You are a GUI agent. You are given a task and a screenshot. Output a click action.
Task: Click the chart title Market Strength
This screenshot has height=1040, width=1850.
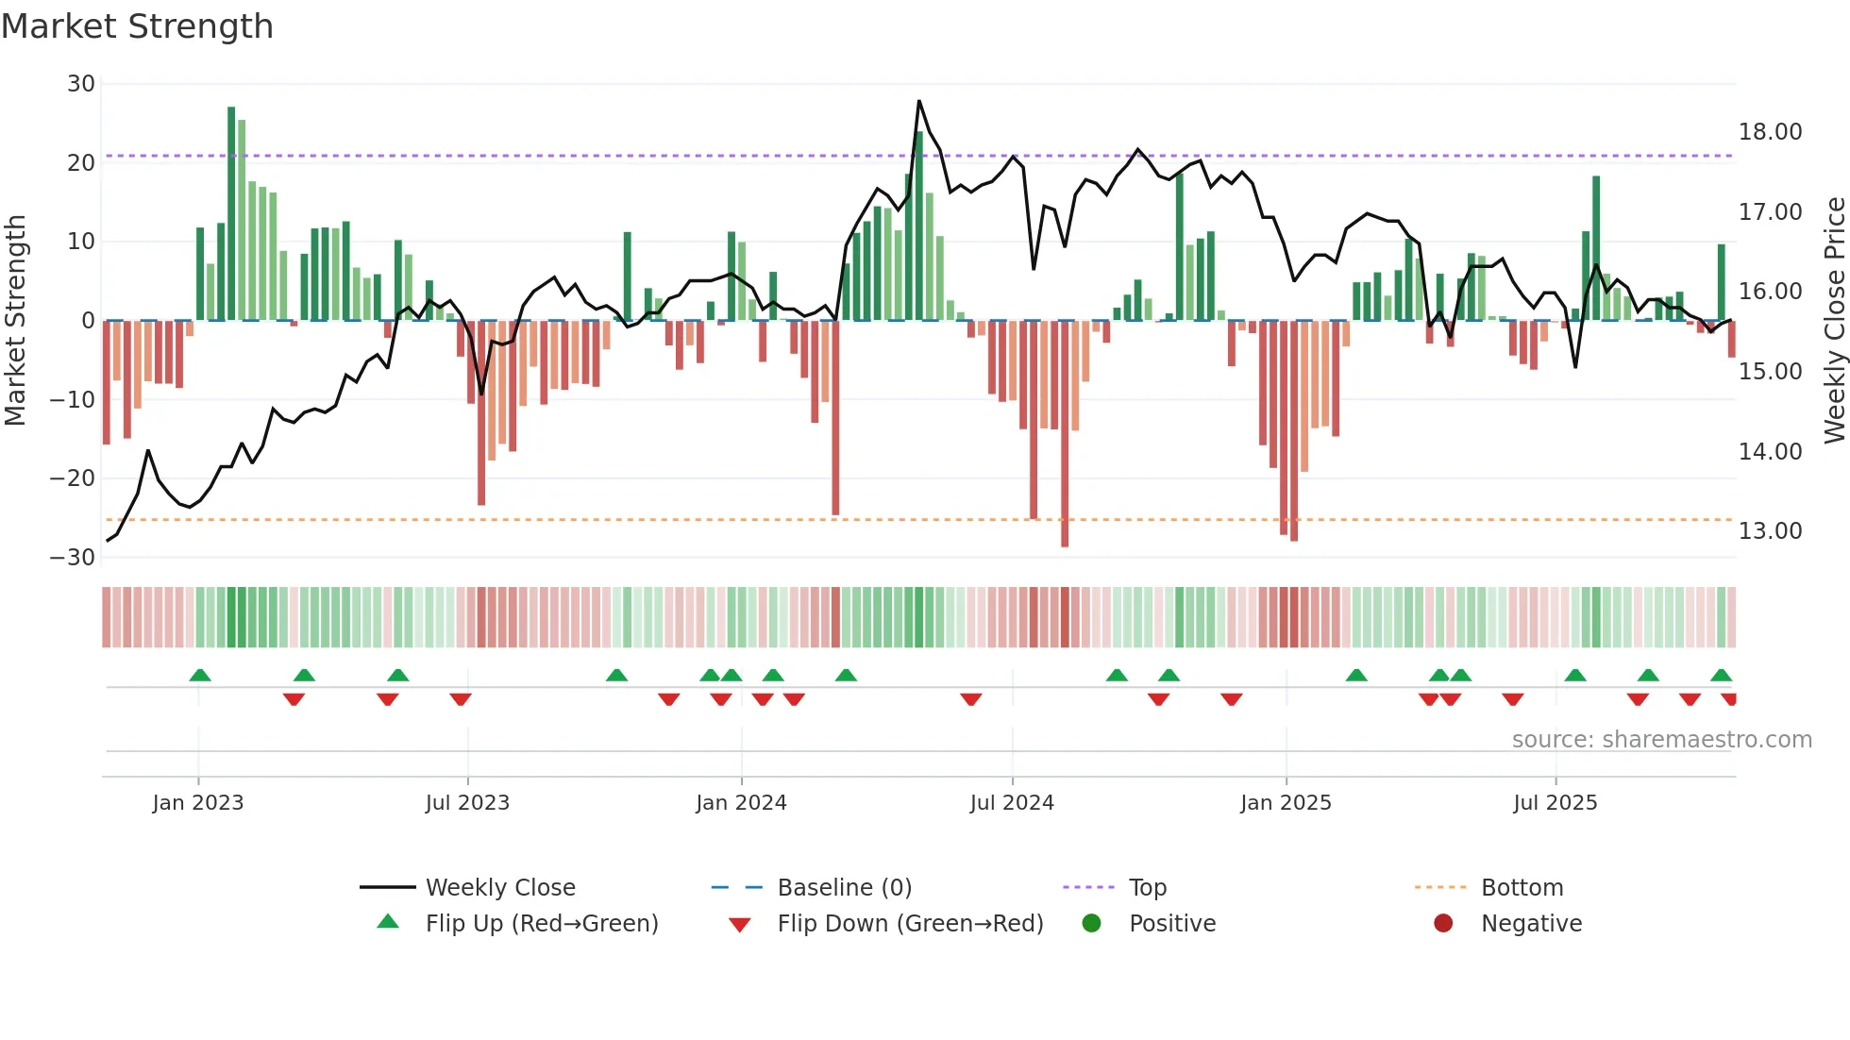[x=137, y=26]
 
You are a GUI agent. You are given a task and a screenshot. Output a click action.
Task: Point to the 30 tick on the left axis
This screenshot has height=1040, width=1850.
[x=81, y=84]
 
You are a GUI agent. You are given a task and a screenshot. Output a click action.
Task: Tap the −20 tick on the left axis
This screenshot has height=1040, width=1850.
[x=73, y=478]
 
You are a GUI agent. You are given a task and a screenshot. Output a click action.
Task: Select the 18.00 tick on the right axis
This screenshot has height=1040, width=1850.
[x=1770, y=132]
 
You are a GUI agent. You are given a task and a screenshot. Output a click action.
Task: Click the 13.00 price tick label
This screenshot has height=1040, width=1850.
[x=1770, y=531]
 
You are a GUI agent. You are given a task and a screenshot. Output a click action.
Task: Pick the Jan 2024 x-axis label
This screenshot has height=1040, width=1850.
[x=741, y=803]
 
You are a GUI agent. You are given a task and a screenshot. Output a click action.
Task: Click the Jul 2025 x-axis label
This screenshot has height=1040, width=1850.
[x=1555, y=803]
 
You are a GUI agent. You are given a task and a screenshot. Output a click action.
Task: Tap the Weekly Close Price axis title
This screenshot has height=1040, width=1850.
[x=1834, y=321]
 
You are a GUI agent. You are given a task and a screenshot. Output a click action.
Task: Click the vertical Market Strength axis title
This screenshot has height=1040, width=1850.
[x=15, y=321]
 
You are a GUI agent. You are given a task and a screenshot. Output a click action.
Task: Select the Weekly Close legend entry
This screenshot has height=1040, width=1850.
[x=500, y=888]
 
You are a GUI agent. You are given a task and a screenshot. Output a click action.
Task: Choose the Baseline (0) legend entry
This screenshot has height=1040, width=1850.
[x=844, y=888]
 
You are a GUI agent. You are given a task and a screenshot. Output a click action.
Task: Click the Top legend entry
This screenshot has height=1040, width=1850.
[x=1148, y=888]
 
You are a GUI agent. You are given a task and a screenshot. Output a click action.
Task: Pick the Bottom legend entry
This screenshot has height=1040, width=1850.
[x=1522, y=888]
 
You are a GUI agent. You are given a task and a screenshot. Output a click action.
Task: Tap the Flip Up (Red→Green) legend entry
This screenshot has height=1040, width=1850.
[x=541, y=924]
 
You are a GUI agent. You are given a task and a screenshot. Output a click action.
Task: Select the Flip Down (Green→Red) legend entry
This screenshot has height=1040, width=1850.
[x=910, y=924]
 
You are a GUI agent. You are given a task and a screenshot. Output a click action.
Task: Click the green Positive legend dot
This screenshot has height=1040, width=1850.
[x=1091, y=924]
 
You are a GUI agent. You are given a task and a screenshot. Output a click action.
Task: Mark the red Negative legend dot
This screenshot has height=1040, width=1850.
[x=1443, y=924]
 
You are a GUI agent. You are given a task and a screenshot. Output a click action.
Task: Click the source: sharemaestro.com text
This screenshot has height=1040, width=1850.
[x=1661, y=740]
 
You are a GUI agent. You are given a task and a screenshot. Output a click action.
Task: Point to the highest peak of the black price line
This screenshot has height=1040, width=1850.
[x=918, y=101]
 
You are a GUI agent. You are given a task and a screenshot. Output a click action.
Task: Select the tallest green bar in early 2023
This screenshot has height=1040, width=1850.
[x=231, y=212]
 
